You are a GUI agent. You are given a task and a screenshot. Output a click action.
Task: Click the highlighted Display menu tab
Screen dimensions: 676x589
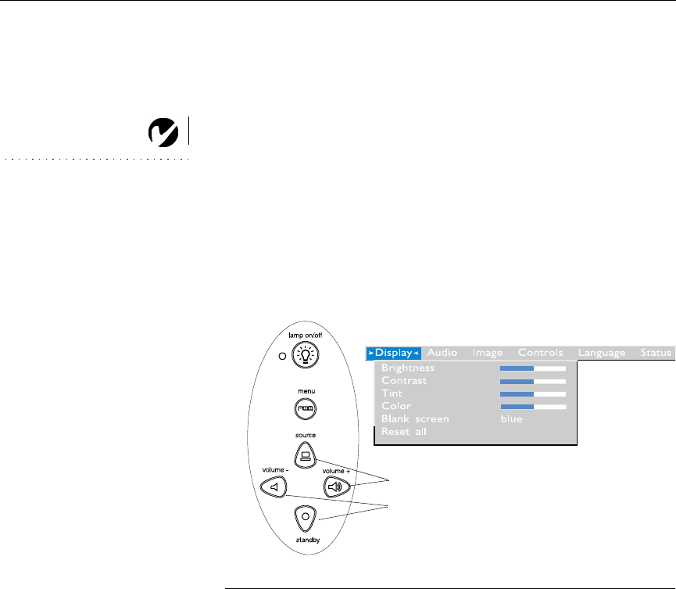coord(394,353)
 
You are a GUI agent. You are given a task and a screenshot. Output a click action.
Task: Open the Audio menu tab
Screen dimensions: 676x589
coord(442,353)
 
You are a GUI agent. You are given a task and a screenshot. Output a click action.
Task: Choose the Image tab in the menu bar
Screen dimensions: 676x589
coord(488,353)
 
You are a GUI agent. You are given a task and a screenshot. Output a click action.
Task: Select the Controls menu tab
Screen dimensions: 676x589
coord(540,353)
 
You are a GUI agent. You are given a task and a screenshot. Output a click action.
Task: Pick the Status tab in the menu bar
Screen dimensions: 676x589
coord(656,353)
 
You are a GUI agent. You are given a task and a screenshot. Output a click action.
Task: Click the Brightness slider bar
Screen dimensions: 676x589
coord(533,367)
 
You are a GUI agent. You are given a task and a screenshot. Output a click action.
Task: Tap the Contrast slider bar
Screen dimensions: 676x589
coord(533,380)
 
